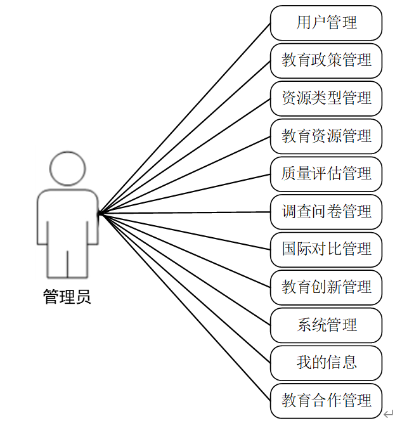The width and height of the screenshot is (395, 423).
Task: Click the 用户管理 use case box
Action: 326,23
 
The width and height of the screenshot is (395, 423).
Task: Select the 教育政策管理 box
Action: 326,61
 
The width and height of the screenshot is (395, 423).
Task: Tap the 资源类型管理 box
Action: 326,98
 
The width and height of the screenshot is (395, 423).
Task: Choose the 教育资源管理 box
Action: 326,136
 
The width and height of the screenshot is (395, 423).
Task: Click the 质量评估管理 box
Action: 326,174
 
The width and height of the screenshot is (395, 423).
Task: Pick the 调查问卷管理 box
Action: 326,211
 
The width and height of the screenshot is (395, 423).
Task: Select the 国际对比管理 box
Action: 326,249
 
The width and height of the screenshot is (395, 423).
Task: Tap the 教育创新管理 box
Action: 326,287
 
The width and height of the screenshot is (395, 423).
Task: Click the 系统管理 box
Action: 326,325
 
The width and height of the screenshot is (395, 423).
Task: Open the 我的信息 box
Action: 326,363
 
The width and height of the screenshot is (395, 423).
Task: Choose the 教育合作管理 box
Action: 326,400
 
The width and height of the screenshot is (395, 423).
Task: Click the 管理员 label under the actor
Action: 67,297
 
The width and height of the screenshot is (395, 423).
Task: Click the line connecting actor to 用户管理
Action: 184,119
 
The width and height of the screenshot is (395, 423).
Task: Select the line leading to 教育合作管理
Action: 184,307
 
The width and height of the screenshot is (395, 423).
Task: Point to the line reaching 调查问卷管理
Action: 184,213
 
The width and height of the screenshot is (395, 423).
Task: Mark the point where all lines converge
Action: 100,214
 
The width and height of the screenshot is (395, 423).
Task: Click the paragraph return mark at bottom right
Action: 387,413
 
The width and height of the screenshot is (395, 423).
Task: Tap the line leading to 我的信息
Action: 184,288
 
